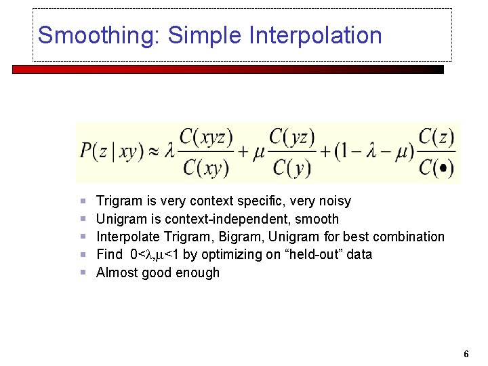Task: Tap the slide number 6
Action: pyautogui.click(x=466, y=354)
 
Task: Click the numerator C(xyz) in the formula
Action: pyautogui.click(x=207, y=138)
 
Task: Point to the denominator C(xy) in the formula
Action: pyautogui.click(x=207, y=167)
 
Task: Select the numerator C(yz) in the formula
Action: pyautogui.click(x=292, y=138)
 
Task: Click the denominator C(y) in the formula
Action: pyautogui.click(x=292, y=167)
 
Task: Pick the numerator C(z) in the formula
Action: pyautogui.click(x=436, y=138)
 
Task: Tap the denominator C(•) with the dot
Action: pyautogui.click(x=436, y=167)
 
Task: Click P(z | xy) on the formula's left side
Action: pyautogui.click(x=116, y=152)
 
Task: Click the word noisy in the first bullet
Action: pyautogui.click(x=334, y=201)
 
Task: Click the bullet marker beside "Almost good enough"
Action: pyautogui.click(x=83, y=272)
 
